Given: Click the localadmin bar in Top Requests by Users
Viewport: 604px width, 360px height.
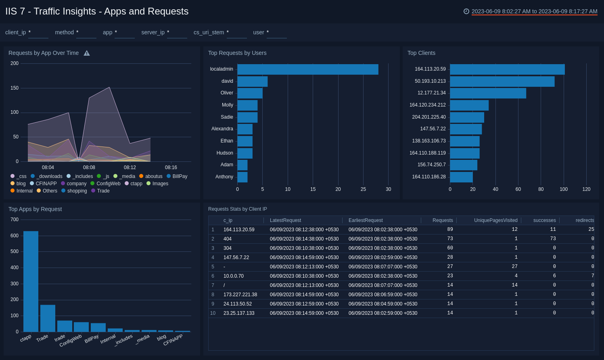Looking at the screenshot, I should [307, 69].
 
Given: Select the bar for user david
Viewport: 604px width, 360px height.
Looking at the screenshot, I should [252, 82].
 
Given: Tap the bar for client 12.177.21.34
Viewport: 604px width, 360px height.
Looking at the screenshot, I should [488, 93].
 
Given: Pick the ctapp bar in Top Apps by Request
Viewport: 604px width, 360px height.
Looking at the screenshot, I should [31, 281].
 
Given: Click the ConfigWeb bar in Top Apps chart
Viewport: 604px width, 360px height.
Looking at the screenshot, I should [81, 327].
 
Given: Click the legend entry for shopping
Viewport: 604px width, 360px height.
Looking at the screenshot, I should [77, 191].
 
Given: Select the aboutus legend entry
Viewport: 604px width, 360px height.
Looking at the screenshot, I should [153, 176].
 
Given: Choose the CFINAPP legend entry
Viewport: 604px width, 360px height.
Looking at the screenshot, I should [46, 184].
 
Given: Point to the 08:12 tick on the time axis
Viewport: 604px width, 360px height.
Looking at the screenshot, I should [130, 167].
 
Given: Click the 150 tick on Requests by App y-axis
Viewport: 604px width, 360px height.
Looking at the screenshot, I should [15, 88].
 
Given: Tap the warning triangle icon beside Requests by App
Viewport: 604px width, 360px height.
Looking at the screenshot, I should [87, 53].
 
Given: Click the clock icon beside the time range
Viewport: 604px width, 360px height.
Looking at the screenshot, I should [466, 11].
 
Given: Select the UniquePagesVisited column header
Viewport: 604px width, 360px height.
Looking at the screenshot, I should [495, 220].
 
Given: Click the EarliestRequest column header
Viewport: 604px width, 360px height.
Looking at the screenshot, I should [366, 220].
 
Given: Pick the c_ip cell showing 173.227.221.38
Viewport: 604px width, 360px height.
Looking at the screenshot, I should [240, 295].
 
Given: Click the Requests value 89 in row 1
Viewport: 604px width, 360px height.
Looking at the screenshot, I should [450, 230].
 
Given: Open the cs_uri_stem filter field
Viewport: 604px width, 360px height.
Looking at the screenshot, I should [236, 33].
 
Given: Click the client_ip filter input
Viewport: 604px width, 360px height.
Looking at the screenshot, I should [38, 33].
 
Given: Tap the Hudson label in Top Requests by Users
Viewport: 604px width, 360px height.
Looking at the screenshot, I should [225, 153].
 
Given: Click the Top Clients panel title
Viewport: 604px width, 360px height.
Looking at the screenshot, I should [421, 53].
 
